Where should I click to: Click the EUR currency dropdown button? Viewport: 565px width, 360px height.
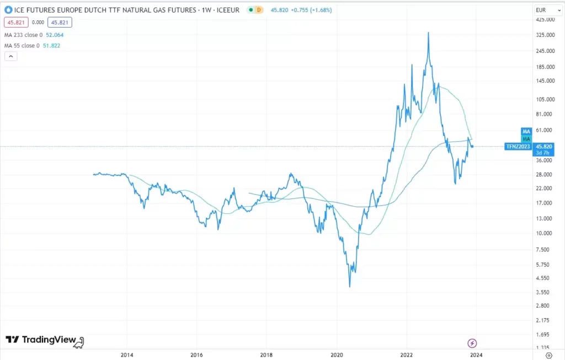click(x=548, y=10)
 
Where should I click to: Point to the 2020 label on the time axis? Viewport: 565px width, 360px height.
click(x=337, y=354)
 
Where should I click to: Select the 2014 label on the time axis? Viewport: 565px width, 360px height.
click(x=127, y=354)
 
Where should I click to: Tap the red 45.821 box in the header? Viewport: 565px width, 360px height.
click(x=15, y=23)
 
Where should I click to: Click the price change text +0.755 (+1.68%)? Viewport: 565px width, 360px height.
click(x=312, y=10)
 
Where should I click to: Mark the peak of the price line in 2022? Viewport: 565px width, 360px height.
click(x=428, y=33)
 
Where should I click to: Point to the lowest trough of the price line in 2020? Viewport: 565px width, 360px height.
click(x=350, y=287)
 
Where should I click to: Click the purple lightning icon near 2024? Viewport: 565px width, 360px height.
click(x=472, y=343)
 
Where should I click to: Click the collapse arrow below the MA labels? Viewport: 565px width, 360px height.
click(x=10, y=56)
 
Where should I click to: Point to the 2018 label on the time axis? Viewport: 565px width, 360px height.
click(x=266, y=354)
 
